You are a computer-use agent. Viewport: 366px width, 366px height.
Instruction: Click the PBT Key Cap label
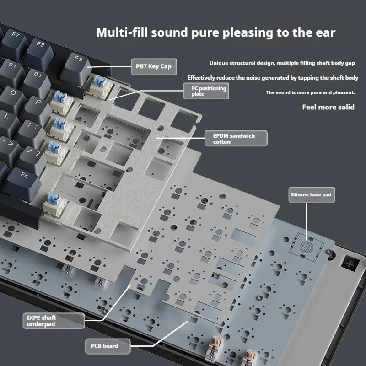coord(154,66)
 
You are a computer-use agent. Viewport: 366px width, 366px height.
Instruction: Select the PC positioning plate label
coord(206,91)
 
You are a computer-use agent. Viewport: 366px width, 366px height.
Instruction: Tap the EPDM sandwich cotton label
coord(236,139)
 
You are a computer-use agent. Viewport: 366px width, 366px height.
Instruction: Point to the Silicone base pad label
coord(312,195)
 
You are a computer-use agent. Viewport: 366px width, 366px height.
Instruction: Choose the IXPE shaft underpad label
coord(54,321)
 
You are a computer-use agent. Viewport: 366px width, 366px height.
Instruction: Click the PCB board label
coord(108,346)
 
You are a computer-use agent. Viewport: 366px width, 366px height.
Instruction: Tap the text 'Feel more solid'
coord(328,107)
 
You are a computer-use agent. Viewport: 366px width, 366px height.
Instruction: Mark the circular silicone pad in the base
coord(306,246)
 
